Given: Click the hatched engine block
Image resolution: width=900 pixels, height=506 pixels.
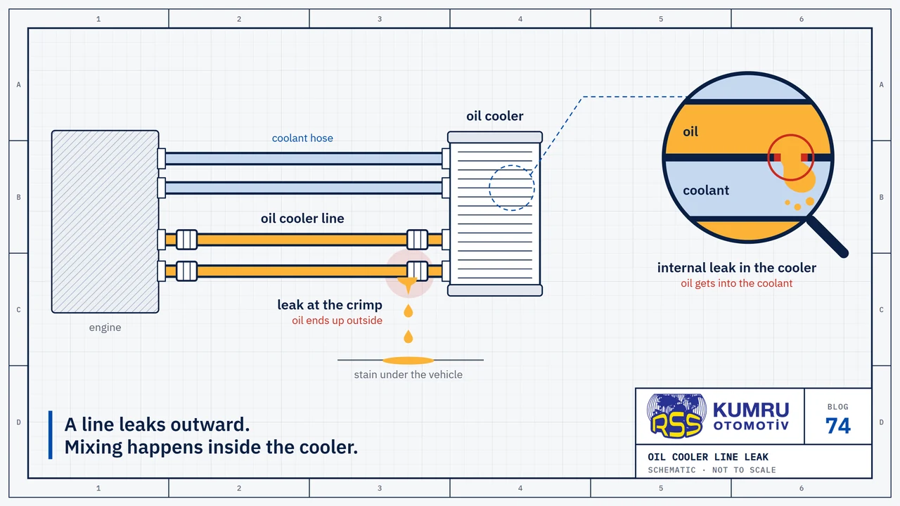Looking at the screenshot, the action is (105, 221).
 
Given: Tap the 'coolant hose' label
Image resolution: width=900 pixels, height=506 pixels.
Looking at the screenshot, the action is (302, 138).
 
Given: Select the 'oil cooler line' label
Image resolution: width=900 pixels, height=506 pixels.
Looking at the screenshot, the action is (302, 219).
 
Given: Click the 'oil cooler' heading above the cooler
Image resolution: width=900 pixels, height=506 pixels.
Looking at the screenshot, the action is (494, 116).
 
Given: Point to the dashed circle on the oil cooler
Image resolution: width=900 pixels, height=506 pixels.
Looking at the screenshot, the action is (489, 188).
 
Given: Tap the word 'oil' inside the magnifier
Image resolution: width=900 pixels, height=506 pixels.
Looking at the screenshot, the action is (690, 131).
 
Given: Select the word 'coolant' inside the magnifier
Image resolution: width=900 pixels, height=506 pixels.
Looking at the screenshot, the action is (706, 190).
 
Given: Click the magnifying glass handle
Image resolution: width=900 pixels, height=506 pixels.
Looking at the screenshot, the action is (828, 238).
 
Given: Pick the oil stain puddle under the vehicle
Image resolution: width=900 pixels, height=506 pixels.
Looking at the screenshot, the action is (409, 361).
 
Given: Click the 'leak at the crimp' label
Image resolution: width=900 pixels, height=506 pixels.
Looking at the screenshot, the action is (330, 305).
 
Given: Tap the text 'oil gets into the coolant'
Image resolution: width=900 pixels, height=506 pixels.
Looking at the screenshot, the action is (736, 283).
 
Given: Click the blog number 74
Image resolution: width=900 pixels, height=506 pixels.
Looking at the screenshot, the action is (837, 426).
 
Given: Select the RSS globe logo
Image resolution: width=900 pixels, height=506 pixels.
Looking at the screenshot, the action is (676, 415).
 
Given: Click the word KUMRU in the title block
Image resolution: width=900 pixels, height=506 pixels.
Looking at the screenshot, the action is (751, 410).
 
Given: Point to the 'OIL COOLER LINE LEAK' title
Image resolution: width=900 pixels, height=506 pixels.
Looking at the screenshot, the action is (708, 457).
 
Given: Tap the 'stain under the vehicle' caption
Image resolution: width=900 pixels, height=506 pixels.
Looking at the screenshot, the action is (409, 375).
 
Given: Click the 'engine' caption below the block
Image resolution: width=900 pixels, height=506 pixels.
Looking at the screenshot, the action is (105, 327).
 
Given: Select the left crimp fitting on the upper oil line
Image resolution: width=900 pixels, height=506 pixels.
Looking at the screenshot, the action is (187, 240).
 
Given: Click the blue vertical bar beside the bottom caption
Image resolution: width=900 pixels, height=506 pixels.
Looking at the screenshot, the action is (50, 435).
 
